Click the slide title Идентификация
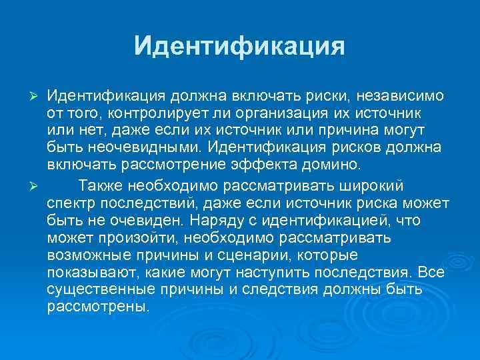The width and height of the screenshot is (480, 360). [x=239, y=45]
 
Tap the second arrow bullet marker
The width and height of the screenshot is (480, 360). [x=37, y=185]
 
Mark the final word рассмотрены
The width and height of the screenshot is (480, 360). [x=99, y=309]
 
